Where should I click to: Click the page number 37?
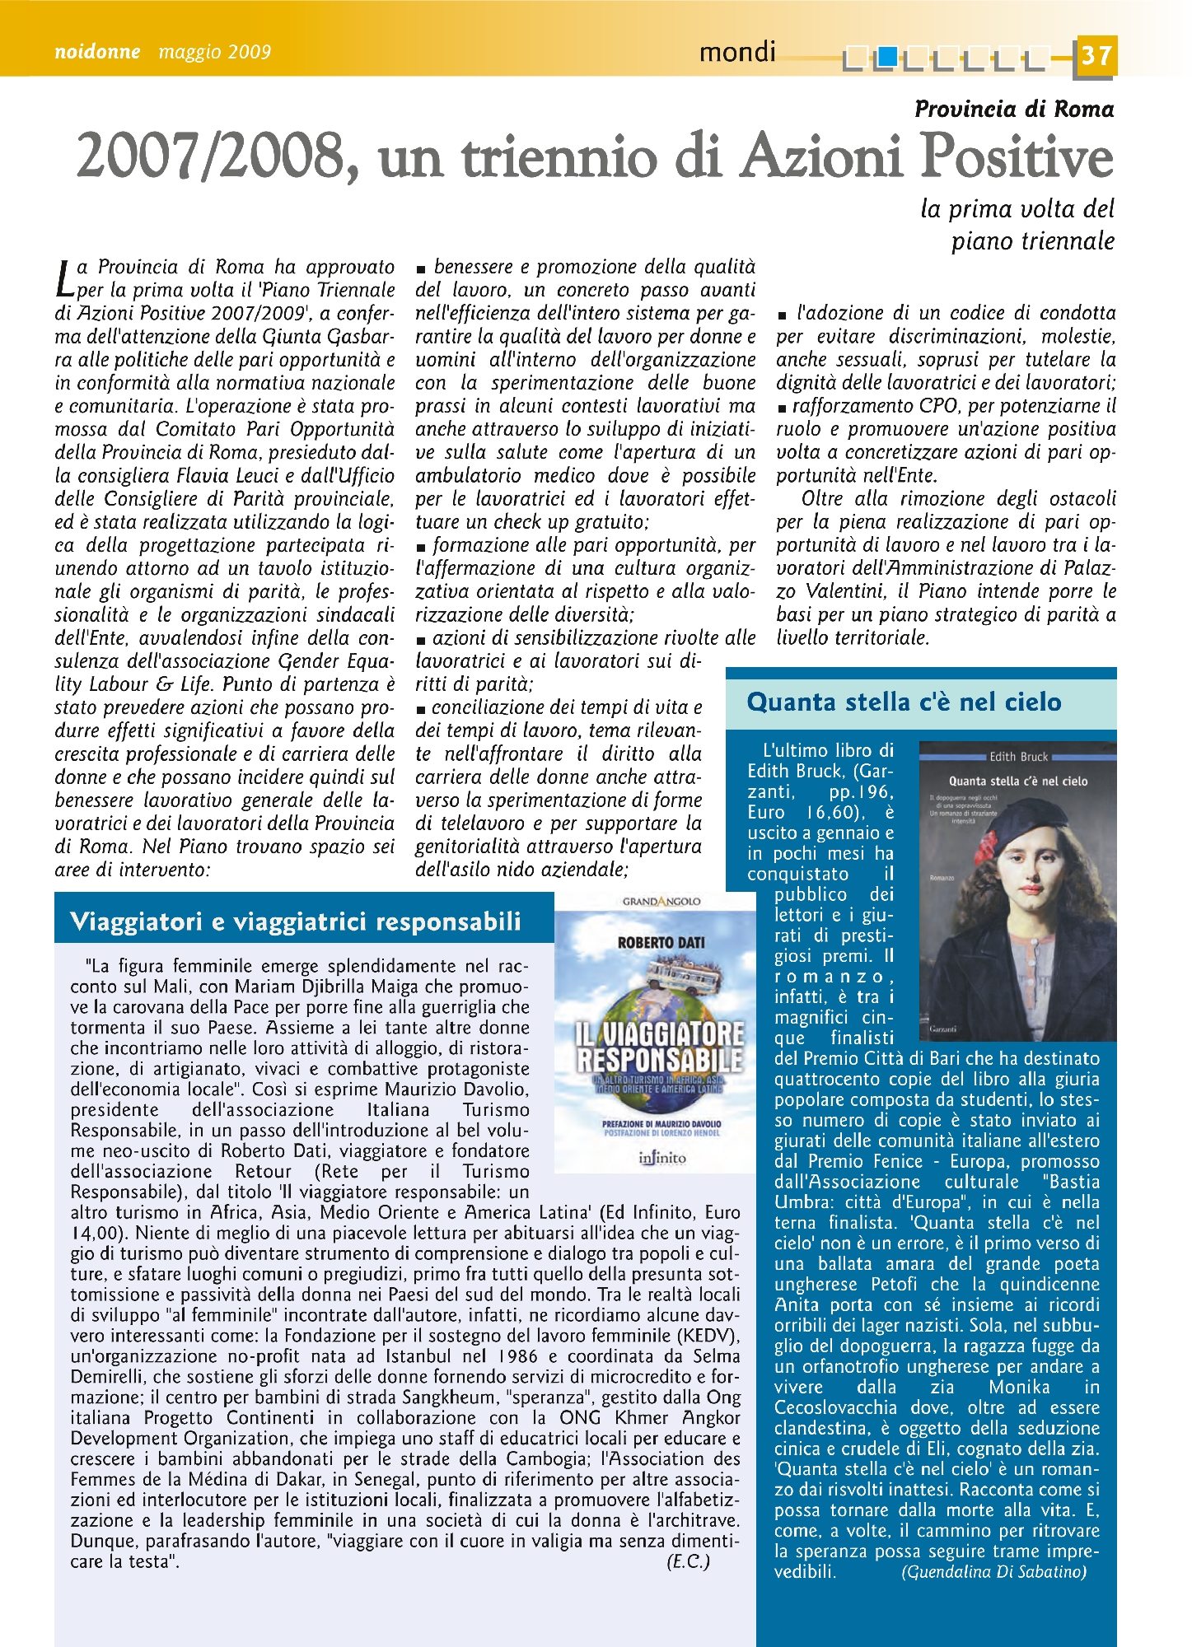pyautogui.click(x=1095, y=57)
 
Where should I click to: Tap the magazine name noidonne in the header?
pyautogui.click(x=97, y=52)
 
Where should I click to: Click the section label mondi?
pyautogui.click(x=737, y=53)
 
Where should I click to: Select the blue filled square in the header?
pyautogui.click(x=887, y=57)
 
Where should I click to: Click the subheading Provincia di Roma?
pyautogui.click(x=1013, y=109)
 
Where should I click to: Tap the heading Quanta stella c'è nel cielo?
pyautogui.click(x=904, y=702)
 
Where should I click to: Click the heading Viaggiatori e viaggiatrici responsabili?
pyautogui.click(x=296, y=921)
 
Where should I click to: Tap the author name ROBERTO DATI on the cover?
pyautogui.click(x=661, y=942)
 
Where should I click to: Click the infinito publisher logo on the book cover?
pyautogui.click(x=661, y=1158)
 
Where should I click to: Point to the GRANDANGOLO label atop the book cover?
pyautogui.click(x=661, y=901)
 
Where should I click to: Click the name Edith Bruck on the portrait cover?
pyautogui.click(x=1018, y=756)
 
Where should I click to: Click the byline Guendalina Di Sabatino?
pyautogui.click(x=993, y=1571)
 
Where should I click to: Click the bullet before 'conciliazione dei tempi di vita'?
pyautogui.click(x=421, y=709)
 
